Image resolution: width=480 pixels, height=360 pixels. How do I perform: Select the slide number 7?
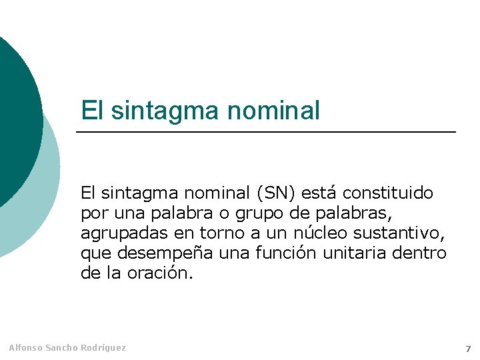(x=467, y=349)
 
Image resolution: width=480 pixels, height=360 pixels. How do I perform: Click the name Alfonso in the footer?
(x=25, y=348)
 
